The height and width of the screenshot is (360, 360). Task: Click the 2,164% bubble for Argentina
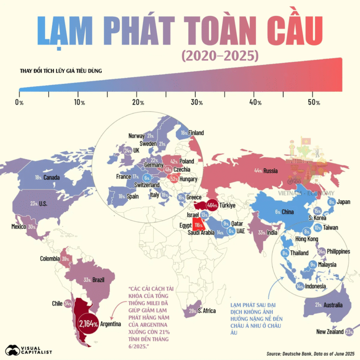coord(89,323)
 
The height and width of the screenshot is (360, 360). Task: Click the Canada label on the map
coord(51,178)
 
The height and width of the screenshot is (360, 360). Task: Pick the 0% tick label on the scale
coord(19,102)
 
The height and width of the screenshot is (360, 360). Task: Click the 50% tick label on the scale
coord(314,102)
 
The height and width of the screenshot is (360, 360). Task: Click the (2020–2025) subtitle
coord(219,55)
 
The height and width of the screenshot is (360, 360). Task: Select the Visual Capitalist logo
coord(28,349)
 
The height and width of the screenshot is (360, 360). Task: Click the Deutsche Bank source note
coord(310,353)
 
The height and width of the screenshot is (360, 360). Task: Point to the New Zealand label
coord(329,332)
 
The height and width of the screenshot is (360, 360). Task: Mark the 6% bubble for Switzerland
coord(147,178)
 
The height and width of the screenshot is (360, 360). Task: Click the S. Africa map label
coord(206,310)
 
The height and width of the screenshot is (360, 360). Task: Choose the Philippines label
coord(338,252)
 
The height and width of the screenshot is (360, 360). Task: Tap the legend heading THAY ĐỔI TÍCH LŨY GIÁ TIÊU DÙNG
coord(61,71)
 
